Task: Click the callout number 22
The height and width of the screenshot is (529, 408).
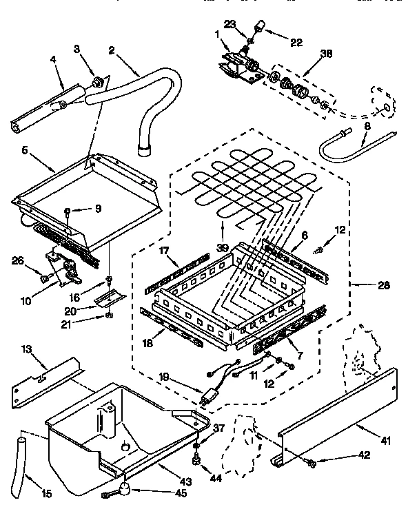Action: [296, 42]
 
